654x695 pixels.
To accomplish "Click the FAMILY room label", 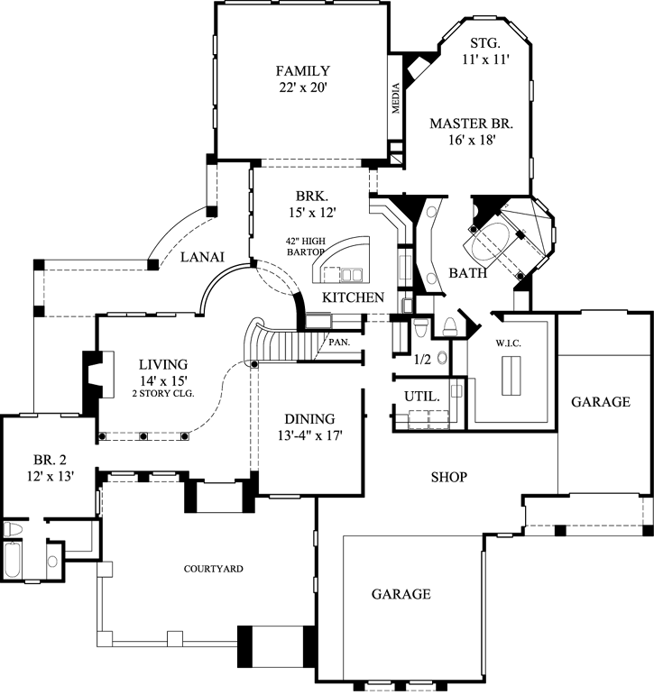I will click(x=302, y=71).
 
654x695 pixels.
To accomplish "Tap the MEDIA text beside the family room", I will click(x=395, y=98).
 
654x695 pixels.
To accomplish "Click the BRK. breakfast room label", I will click(x=311, y=195).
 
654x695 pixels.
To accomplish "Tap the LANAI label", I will click(x=196, y=257).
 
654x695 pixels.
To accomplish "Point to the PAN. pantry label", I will click(x=339, y=343).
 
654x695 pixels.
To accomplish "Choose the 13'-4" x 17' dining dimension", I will click(x=309, y=435).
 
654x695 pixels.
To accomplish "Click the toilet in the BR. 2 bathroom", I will click(x=14, y=528).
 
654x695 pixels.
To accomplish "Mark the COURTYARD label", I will click(x=214, y=569).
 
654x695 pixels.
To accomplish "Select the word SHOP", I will click(x=448, y=477).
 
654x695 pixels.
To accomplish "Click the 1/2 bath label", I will click(x=420, y=359).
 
